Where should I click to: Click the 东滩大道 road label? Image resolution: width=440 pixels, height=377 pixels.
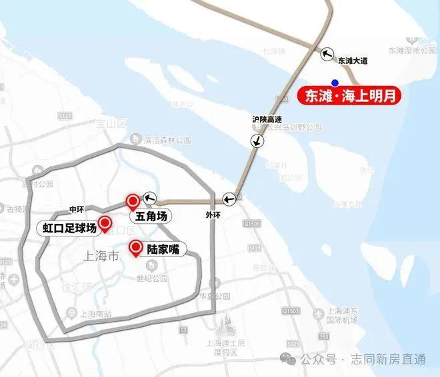point(353,61)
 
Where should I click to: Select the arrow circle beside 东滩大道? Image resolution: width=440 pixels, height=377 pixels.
point(327,54)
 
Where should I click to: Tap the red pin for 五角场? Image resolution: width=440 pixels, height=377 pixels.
point(132,200)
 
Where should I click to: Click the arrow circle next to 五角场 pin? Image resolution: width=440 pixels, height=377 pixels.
point(149,197)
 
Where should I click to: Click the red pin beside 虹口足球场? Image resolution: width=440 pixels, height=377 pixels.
point(105,222)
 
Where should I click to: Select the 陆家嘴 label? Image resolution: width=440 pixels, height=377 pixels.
point(163,249)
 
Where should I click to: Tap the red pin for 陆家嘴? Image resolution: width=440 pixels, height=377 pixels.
point(135,246)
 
